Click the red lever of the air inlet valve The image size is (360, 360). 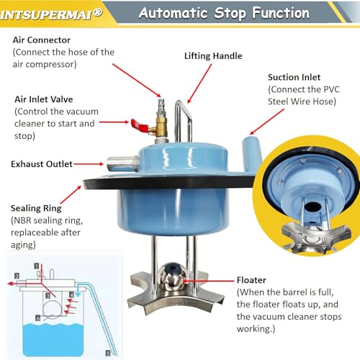click(139, 125)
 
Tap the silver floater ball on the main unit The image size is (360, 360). click(172, 276)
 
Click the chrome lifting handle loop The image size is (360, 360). click(183, 121)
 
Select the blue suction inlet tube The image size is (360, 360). click(251, 153)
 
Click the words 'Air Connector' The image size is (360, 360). click(42, 40)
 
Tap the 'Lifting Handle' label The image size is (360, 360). click(213, 56)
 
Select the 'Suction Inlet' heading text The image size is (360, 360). click(294, 77)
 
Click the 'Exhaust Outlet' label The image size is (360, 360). click(42, 164)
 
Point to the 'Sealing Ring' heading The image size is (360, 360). click(36, 208)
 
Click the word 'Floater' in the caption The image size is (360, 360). click(251, 280)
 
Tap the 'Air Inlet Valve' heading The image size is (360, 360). click(44, 99)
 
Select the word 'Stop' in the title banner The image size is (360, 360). click(230, 14)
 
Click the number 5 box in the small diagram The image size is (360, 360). click(108, 353)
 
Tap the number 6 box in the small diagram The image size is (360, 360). click(37, 318)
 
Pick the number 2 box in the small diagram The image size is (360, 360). click(17, 276)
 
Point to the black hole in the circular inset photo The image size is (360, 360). click(311, 207)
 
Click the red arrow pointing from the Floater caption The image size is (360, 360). click(208, 280)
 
